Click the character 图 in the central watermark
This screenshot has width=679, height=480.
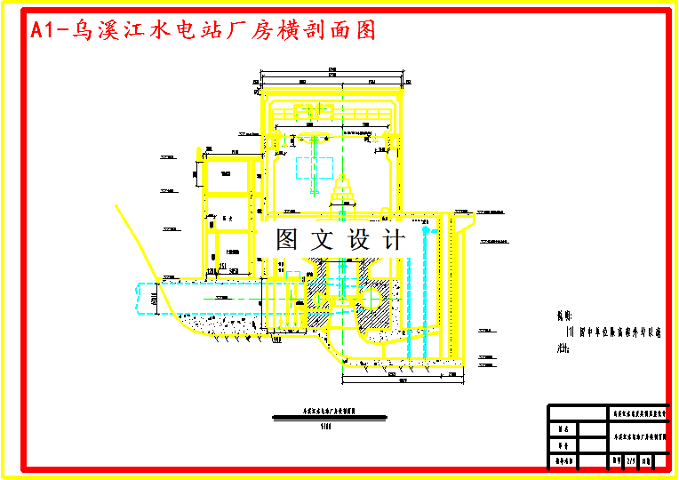point(286,239)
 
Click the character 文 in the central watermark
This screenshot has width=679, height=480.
point(322,239)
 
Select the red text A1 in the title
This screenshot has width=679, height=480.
point(44,30)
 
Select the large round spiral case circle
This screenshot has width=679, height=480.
point(374,292)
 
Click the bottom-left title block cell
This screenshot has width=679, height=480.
point(561,462)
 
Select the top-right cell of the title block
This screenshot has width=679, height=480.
point(637,412)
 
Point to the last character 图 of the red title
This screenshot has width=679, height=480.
point(363,30)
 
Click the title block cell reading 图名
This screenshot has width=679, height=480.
point(561,429)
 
